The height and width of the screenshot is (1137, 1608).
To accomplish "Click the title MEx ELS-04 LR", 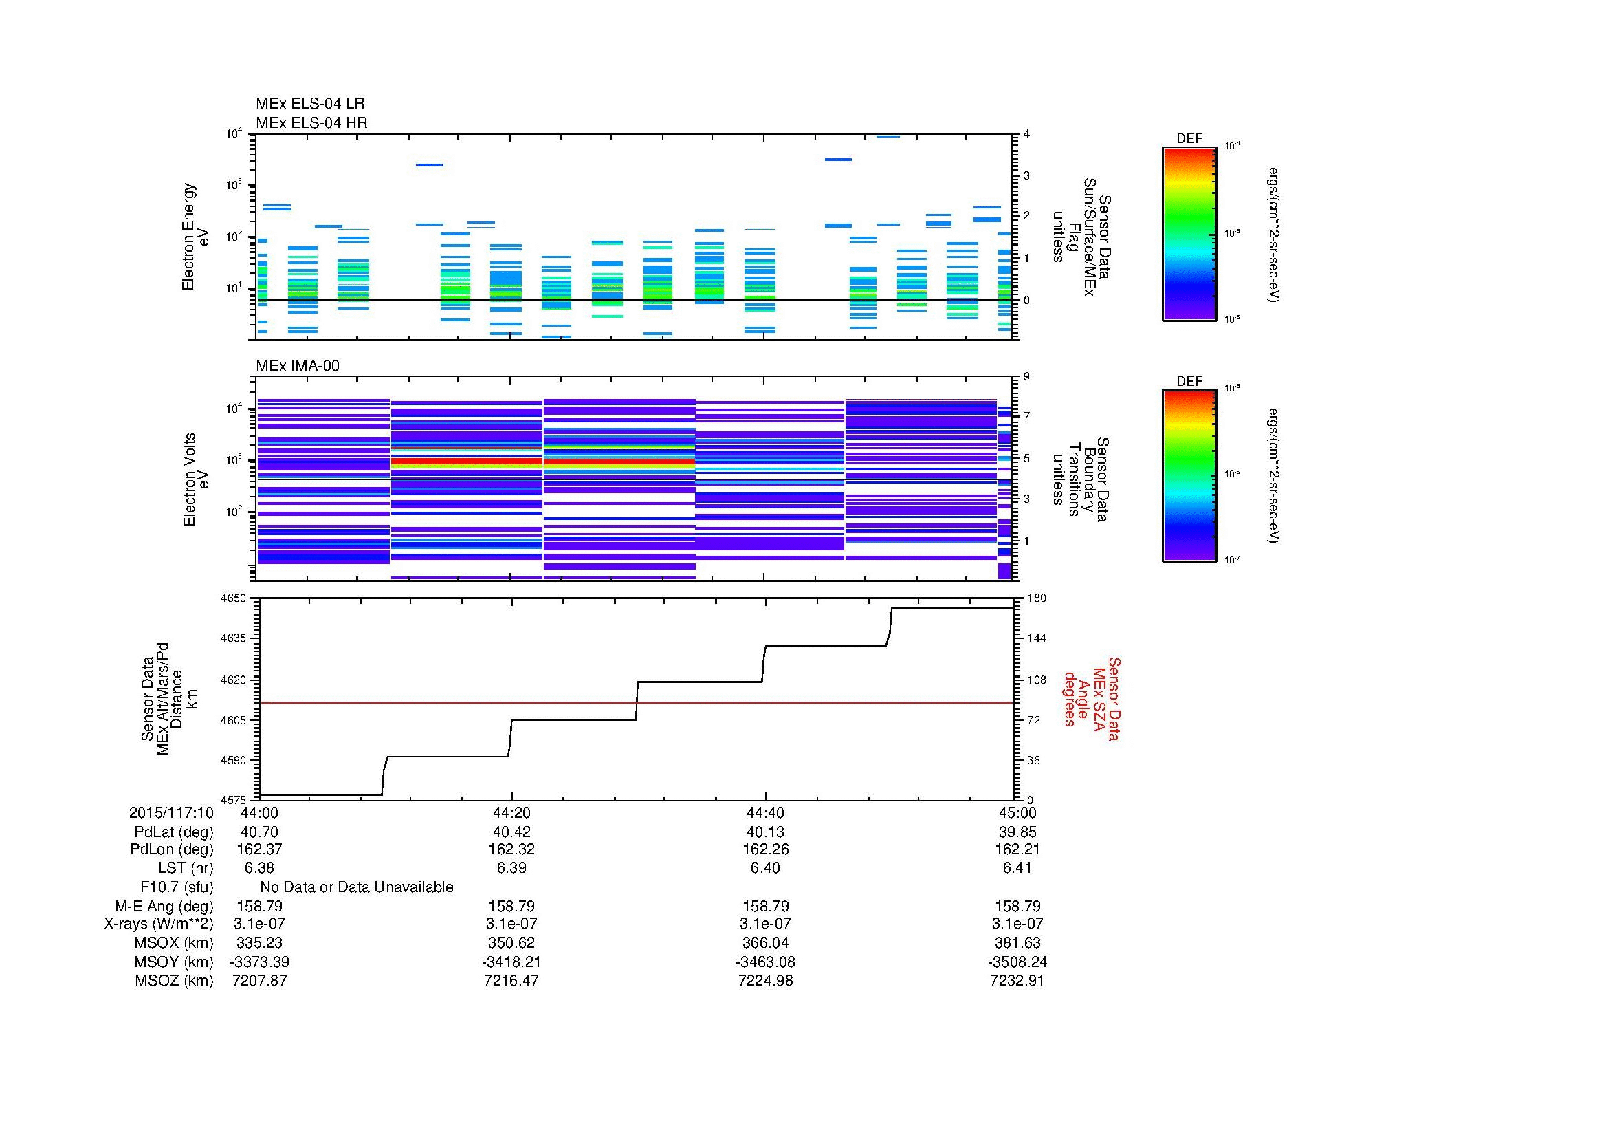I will coord(310,104).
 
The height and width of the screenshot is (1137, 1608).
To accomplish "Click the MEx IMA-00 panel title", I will coord(298,366).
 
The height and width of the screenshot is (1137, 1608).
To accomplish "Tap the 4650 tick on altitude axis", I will coord(234,598).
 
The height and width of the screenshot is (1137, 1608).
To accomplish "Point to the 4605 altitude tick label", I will coord(234,720).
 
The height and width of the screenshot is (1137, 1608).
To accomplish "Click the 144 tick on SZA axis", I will coord(1036,638).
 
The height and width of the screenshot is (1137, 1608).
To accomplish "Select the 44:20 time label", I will coord(511,812).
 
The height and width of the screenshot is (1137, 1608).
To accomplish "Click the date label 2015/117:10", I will coord(171,812).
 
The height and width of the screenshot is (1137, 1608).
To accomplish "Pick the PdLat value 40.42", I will coord(511,832).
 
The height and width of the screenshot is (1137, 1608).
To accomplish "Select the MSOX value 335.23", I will coord(259,943).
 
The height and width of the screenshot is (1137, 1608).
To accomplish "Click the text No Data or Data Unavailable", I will coord(357,887).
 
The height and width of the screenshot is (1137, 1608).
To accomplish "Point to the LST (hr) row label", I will coord(185,868).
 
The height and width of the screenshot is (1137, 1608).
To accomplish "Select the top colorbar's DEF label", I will coord(1189,139).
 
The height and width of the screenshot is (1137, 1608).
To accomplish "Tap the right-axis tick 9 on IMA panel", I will coord(1026,377).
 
